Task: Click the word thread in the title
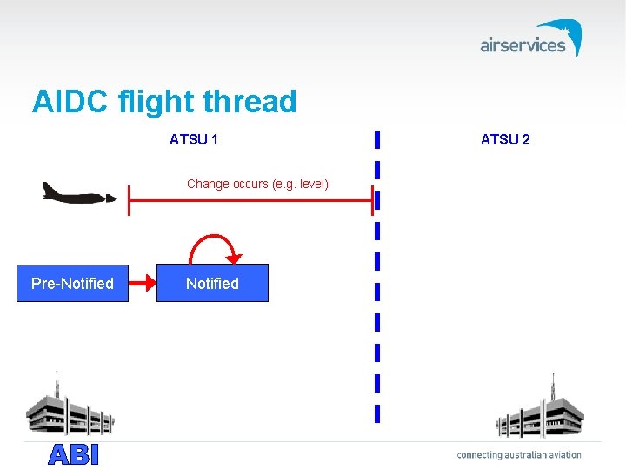[250, 102]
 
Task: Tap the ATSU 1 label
[194, 139]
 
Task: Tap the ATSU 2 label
[505, 139]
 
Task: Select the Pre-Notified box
[72, 283]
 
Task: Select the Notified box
[212, 283]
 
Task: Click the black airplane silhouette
[78, 192]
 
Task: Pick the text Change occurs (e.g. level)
[257, 184]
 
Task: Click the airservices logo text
[523, 45]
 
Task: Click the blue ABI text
[74, 454]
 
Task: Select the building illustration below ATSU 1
[70, 407]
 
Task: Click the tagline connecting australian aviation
[519, 454]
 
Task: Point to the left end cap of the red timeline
[129, 200]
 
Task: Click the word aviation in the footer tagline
[563, 454]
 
